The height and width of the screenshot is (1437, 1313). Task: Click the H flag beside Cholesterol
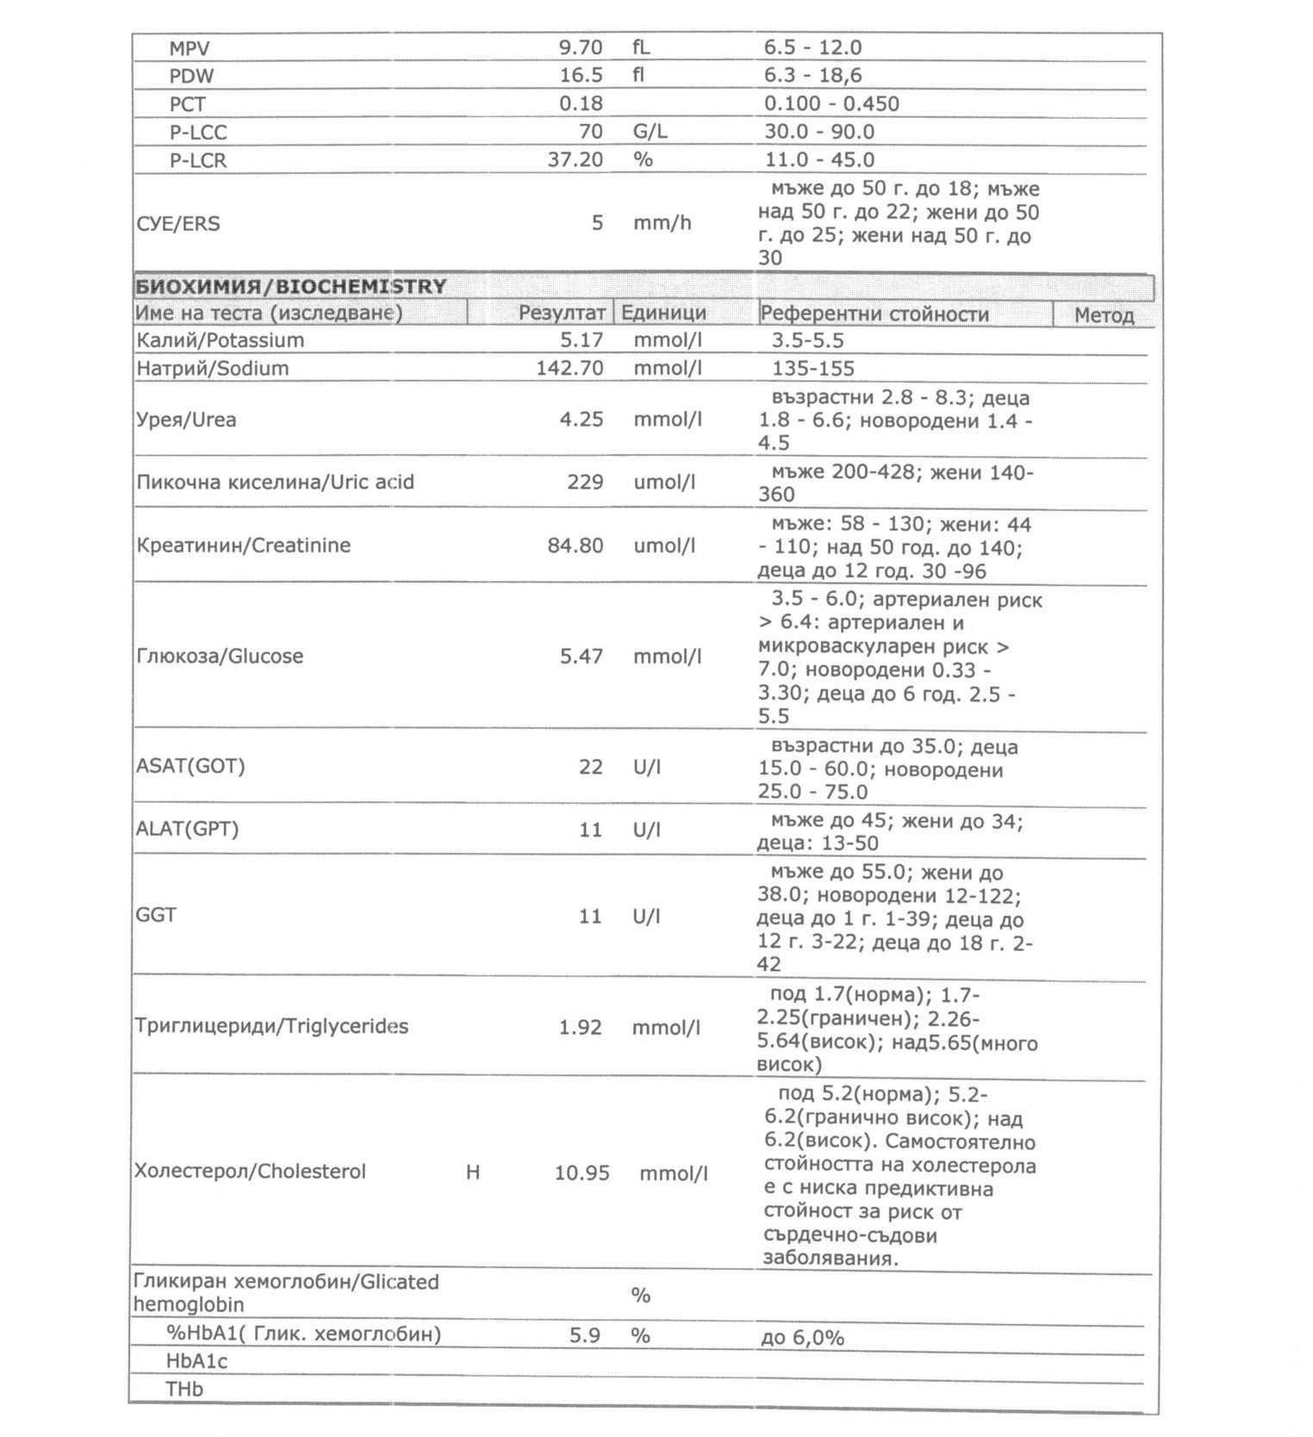472,1172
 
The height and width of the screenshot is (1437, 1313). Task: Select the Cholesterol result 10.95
582,1173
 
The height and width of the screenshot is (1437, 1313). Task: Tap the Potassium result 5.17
582,340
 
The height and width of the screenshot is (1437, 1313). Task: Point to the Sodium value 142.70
569,369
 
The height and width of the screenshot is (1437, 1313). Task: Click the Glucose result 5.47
582,656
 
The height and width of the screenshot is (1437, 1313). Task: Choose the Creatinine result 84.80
575,545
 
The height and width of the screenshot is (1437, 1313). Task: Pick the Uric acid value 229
585,482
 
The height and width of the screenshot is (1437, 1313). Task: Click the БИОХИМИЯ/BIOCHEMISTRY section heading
290,286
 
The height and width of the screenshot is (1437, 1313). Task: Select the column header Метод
1104,315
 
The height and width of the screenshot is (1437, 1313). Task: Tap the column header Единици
663,313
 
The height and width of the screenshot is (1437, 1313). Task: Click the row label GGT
156,915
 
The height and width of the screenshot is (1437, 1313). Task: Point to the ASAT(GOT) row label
190,766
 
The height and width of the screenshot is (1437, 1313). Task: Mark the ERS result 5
596,223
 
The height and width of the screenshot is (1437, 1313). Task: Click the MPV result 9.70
581,47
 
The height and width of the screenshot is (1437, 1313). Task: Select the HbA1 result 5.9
584,1335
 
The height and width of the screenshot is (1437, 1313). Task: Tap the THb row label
184,1389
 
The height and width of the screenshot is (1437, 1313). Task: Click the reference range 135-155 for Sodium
813,369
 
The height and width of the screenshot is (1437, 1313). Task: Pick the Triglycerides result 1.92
580,1027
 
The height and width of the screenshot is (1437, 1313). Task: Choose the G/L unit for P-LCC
650,132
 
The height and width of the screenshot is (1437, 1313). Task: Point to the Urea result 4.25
582,420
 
